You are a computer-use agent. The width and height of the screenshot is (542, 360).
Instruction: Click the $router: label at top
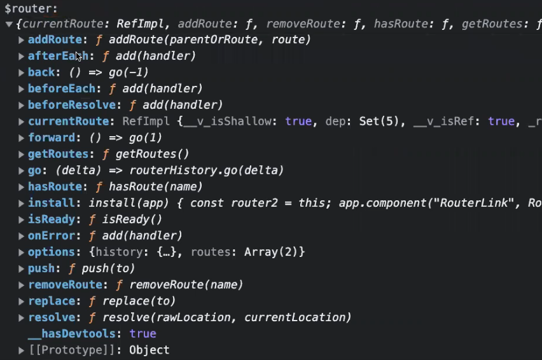click(x=31, y=9)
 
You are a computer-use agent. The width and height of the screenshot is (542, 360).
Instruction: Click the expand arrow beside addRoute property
click(x=22, y=40)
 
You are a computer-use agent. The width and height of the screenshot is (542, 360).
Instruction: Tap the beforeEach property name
click(x=61, y=88)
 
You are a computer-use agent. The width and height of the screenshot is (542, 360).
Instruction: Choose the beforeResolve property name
click(x=71, y=105)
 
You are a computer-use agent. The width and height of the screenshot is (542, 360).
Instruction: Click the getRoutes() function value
click(x=152, y=154)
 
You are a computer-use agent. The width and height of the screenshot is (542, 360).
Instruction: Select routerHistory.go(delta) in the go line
click(x=206, y=170)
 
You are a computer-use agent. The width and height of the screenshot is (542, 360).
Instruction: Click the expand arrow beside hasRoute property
click(x=22, y=187)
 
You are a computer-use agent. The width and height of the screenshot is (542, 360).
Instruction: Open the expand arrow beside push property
click(x=22, y=268)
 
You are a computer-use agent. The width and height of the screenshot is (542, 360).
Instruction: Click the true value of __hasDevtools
click(x=142, y=334)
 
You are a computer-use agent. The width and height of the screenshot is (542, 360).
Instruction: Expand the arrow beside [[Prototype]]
click(x=22, y=350)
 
